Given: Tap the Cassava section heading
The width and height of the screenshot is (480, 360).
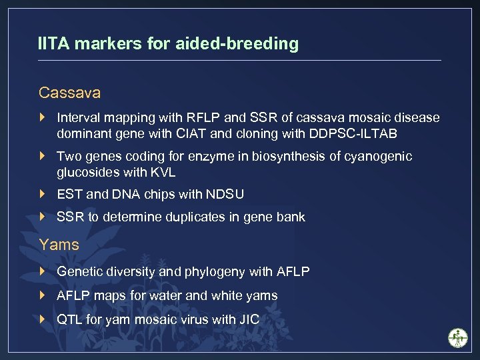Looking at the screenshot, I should [69, 91].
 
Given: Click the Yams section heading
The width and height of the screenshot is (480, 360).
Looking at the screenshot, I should [59, 245].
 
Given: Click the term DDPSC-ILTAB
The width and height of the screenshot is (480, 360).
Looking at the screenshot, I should [353, 133].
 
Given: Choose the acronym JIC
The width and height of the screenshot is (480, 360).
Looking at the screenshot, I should [248, 319].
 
